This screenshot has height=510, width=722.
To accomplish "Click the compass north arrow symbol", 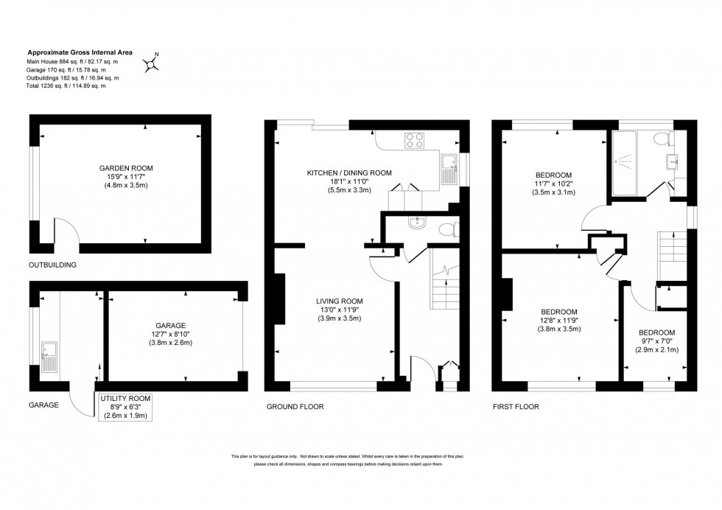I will click(153, 64).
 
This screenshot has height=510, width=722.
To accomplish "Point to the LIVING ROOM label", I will click(339, 301).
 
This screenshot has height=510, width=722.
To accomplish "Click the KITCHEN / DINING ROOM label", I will click(349, 172).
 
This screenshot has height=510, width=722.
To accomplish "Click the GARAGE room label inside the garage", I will click(170, 324).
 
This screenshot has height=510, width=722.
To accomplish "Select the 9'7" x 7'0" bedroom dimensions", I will click(656, 341).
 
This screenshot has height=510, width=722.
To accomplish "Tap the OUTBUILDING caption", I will click(52, 264).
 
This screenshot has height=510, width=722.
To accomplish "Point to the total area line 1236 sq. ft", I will click(66, 86).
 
